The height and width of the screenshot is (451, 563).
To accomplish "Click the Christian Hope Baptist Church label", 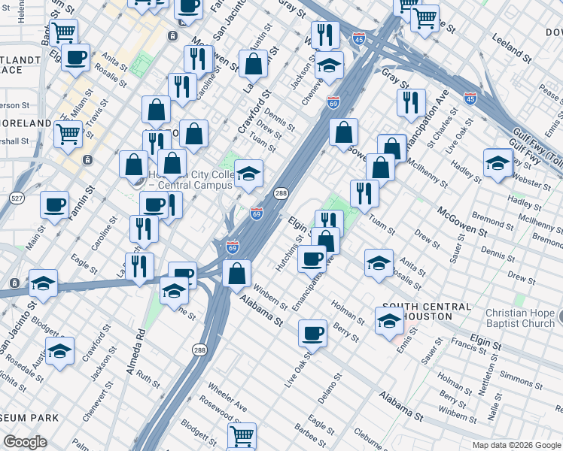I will (519, 318).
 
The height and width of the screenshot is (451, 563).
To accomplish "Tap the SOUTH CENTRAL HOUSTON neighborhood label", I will (427, 313).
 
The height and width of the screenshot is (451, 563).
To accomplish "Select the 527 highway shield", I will (16, 197).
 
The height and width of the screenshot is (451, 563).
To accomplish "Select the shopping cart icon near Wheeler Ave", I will (242, 435).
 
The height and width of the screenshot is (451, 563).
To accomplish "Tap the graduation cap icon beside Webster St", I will (498, 163).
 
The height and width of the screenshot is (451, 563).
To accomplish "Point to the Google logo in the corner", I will (25, 442).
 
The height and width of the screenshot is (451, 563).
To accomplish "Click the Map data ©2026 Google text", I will (516, 445).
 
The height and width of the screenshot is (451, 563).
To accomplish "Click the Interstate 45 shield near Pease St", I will (470, 98).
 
